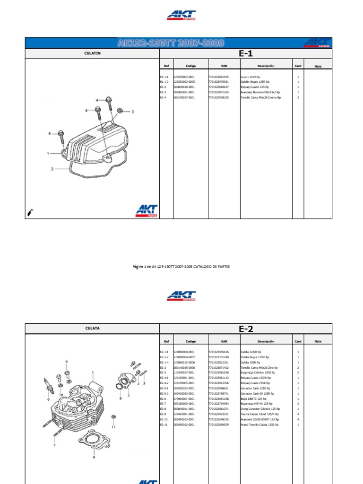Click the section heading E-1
pyautogui.click(x=246, y=53)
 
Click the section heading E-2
pyautogui.click(x=246, y=329)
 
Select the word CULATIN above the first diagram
pyautogui.click(x=92, y=53)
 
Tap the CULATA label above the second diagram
pyautogui.click(x=92, y=328)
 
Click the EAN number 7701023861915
pyautogui.click(x=218, y=77)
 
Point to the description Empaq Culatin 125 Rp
pyautogui.click(x=255, y=87)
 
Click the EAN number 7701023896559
pyautogui.click(x=218, y=424)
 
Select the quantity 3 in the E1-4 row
pyautogui.click(x=298, y=97)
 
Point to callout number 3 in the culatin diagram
pyautogui.click(x=132, y=112)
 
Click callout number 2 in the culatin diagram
pyautogui.click(x=52, y=169)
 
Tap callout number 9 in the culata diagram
pyautogui.click(x=66, y=362)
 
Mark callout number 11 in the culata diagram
pyautogui.click(x=113, y=427)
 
